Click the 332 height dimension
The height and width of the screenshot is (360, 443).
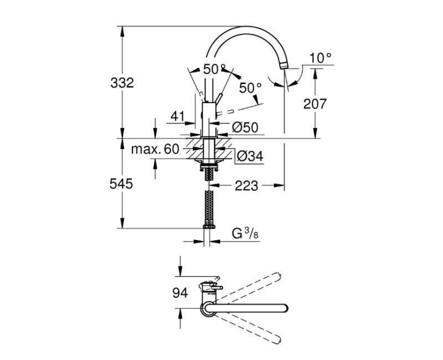122,83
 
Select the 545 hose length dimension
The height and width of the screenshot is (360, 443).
121,184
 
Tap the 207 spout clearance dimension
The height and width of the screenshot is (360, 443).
315,104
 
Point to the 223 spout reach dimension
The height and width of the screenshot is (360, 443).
246,186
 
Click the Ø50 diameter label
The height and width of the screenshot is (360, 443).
245,127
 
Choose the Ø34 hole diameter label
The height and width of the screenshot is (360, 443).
250,156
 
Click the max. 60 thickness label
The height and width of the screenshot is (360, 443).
155,149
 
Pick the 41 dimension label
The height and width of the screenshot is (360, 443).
178,116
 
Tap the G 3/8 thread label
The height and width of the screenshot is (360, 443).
245,234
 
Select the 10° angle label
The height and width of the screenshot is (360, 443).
321,58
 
